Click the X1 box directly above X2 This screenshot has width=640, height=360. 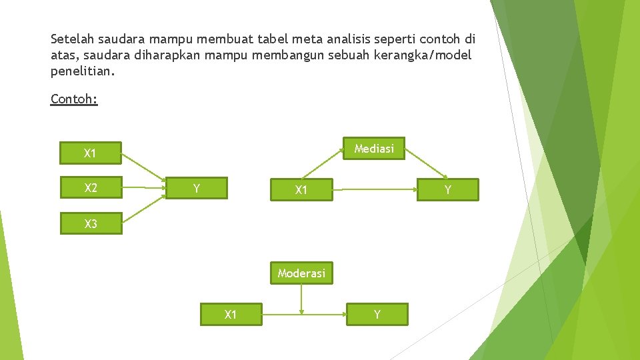tap(90, 153)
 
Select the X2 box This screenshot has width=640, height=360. tap(90, 187)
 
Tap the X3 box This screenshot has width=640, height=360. tap(90, 223)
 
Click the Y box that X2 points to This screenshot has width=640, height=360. tap(197, 188)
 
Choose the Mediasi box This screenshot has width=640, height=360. tap(374, 149)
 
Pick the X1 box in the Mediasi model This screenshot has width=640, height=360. tap(301, 190)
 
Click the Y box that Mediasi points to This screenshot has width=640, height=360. tap(447, 190)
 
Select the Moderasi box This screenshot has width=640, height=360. tap(301, 273)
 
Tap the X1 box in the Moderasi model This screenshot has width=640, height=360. tap(231, 314)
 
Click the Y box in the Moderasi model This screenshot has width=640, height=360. tap(377, 314)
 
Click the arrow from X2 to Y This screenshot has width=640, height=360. tap(143, 188)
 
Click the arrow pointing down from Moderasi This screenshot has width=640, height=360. tap(301, 299)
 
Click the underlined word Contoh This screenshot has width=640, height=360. tap(74, 99)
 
